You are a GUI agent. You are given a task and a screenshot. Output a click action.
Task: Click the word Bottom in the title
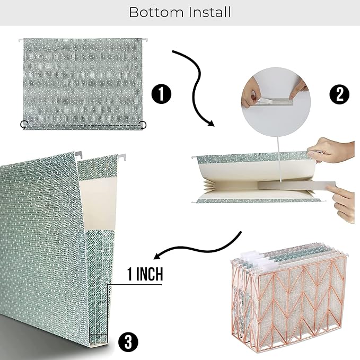point(156,12)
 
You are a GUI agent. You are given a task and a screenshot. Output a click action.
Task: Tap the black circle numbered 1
point(161,94)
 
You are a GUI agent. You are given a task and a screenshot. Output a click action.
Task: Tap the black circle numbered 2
point(339,94)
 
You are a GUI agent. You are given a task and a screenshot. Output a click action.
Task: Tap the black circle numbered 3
point(128,341)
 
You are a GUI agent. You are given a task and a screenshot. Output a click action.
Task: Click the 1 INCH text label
point(145,274)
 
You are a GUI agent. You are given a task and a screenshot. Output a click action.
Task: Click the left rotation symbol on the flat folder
point(24,124)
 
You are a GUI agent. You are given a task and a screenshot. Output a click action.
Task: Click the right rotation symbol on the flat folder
point(143,125)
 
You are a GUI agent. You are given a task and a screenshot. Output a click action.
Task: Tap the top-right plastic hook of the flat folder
point(145,40)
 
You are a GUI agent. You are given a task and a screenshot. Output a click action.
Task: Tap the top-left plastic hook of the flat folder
point(21,40)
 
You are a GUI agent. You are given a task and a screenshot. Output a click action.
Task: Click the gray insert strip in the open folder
point(296,186)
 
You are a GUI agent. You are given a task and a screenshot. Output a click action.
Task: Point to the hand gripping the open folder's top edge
point(331,151)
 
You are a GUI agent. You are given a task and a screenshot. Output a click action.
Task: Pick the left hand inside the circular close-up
point(251,93)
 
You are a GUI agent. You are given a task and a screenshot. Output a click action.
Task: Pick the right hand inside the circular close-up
point(298,89)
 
